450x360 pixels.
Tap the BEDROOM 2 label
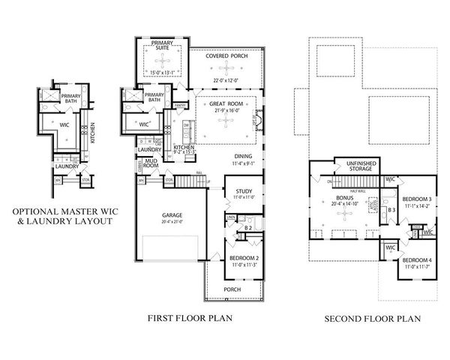click(x=243, y=259)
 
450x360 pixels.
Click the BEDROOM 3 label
click(x=415, y=196)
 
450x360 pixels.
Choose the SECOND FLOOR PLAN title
click(x=373, y=318)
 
